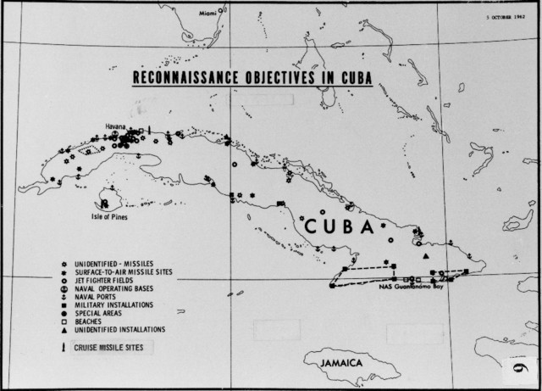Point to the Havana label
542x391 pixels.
click(116, 126)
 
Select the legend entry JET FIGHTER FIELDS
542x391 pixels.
click(112, 280)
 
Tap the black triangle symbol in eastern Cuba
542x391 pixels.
click(427, 256)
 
